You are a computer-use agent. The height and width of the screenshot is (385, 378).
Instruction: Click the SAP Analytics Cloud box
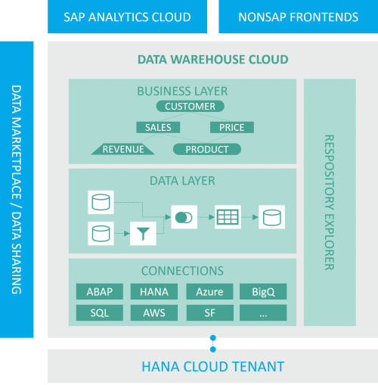(127, 17)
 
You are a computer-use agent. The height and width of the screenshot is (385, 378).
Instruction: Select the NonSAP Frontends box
(298, 17)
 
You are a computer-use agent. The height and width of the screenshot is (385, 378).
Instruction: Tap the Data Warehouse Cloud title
(212, 60)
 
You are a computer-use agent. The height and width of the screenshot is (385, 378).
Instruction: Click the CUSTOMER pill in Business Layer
(191, 107)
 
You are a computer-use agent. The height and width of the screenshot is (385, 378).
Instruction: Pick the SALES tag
(158, 128)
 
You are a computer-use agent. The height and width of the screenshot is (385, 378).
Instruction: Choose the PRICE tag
(231, 128)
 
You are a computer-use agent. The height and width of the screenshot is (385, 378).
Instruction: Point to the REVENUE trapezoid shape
(122, 149)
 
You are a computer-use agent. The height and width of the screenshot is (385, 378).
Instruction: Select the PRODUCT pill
(207, 149)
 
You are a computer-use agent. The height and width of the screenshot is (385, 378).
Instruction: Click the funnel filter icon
(141, 233)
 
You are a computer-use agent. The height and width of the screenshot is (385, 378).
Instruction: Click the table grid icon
(228, 217)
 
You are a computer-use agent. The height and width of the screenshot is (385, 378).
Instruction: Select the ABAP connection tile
(100, 292)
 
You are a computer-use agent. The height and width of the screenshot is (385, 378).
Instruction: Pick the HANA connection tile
(154, 292)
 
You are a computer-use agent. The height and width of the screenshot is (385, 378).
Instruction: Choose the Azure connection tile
(209, 292)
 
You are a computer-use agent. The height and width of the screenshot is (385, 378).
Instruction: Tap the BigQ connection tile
(263, 292)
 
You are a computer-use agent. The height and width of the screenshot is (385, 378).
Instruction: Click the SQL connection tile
(100, 312)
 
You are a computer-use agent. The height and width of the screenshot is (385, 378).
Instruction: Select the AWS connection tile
(154, 312)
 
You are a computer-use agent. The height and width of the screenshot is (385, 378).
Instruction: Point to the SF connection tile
(209, 312)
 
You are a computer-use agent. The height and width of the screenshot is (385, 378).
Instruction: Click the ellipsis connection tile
(263, 312)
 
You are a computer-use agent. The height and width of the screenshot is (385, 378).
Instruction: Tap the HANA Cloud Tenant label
(212, 367)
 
